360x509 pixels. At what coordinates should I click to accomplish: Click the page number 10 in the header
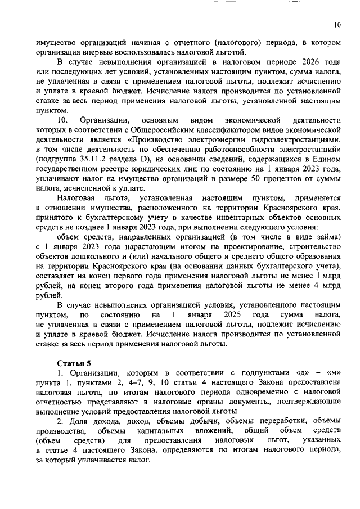click(337, 25)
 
